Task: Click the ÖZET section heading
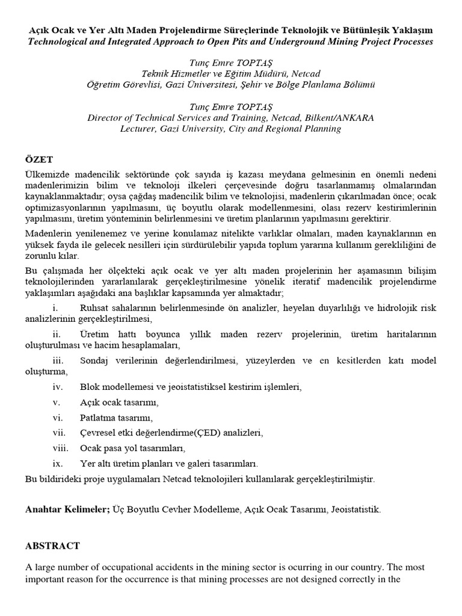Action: pyautogui.click(x=39, y=159)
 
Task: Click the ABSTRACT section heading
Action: pyautogui.click(x=52, y=546)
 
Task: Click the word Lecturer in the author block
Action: pyautogui.click(x=140, y=129)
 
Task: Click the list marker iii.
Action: pyautogui.click(x=58, y=360)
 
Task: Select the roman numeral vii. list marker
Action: pyautogui.click(x=58, y=433)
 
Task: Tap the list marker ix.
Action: pyautogui.click(x=58, y=464)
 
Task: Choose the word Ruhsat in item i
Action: pyautogui.click(x=93, y=308)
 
